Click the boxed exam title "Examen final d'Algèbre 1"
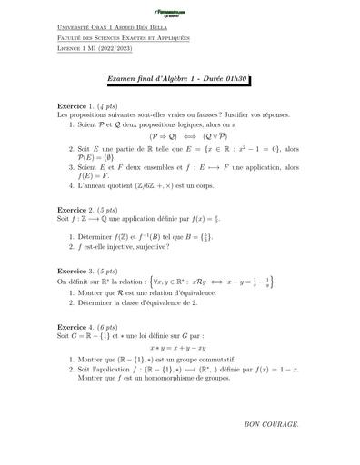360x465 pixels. pos(178,81)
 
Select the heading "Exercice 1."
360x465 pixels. pos(76,106)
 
